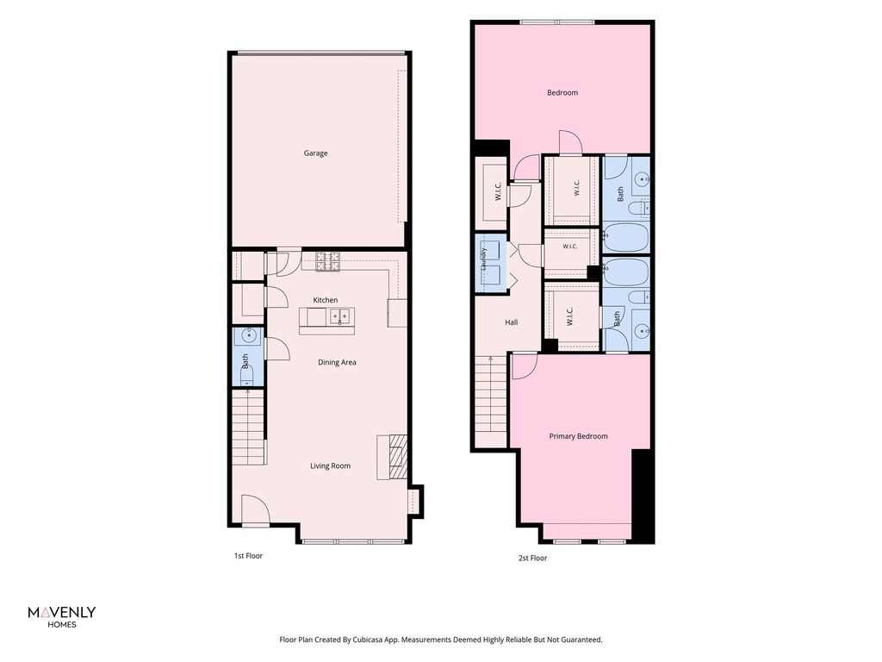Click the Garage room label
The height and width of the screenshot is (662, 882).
click(x=315, y=153)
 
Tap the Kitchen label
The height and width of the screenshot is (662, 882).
click(x=325, y=300)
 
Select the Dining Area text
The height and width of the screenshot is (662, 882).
click(x=337, y=363)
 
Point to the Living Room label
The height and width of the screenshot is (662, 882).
click(x=330, y=466)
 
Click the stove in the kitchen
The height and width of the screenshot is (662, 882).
click(x=328, y=262)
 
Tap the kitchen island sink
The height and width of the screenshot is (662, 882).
click(x=339, y=317)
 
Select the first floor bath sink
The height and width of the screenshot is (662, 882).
click(x=249, y=335)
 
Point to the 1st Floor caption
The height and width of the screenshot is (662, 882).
click(x=249, y=556)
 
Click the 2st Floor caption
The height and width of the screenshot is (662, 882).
click(x=532, y=558)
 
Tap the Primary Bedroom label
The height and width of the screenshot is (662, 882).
click(x=578, y=436)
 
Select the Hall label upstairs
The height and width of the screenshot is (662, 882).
click(x=512, y=322)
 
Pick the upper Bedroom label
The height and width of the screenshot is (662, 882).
click(x=562, y=93)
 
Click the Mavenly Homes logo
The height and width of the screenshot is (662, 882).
click(x=62, y=616)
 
